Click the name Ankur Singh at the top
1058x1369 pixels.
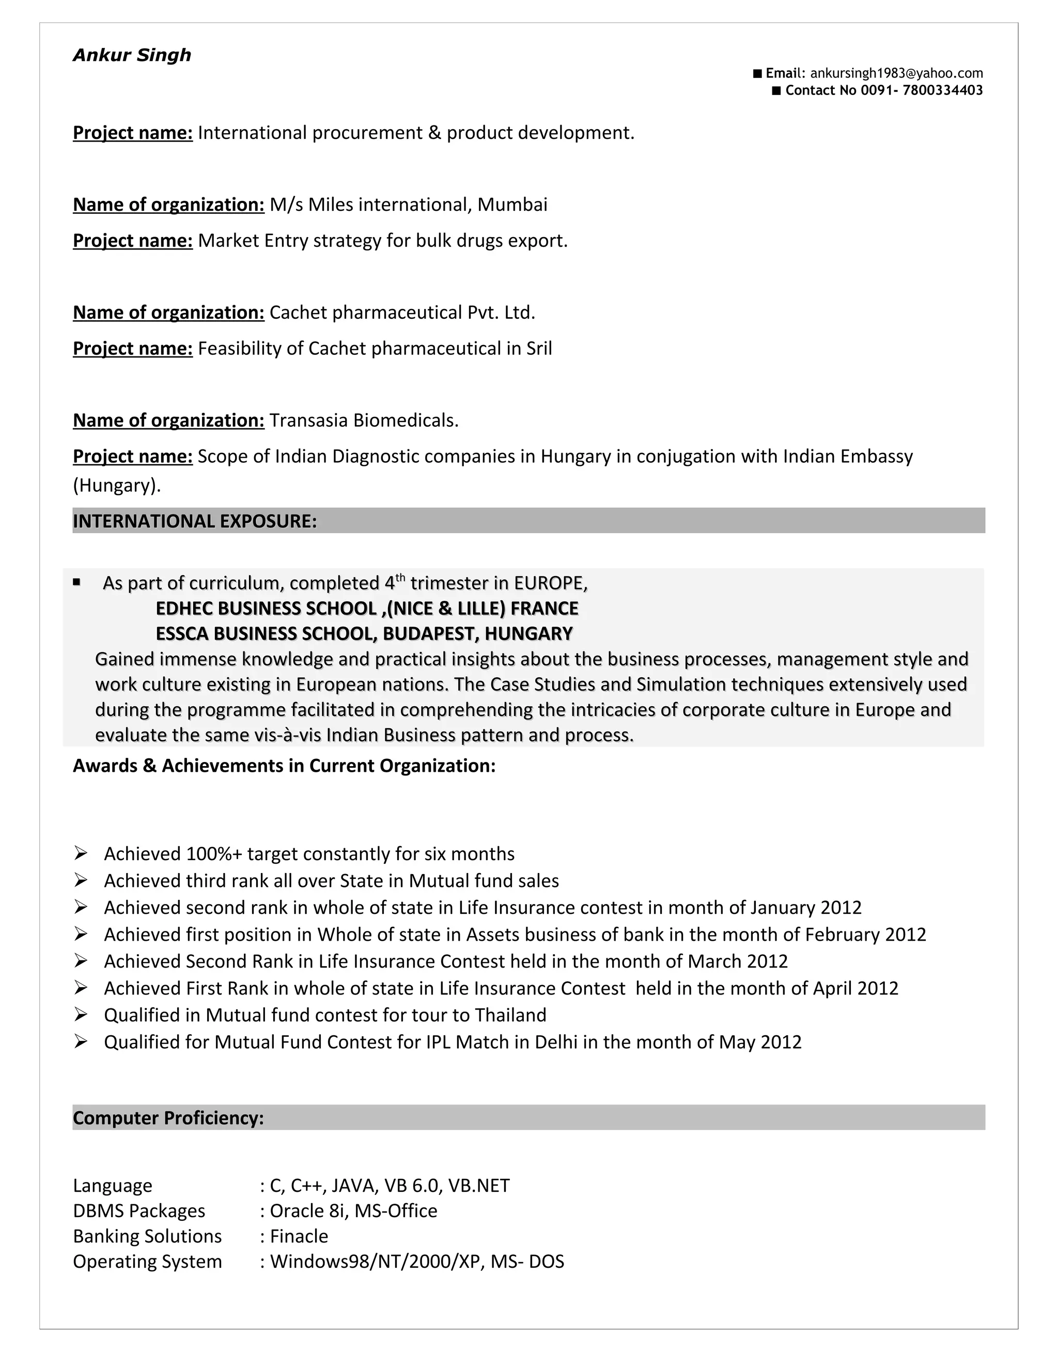pos(132,55)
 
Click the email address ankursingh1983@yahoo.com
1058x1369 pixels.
pos(896,73)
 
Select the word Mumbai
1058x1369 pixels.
pos(512,205)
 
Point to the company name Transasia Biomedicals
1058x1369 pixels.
pos(364,421)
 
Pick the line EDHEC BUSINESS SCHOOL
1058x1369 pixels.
pos(367,609)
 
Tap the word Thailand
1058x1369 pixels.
pos(510,1015)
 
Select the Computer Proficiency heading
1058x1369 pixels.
pos(168,1118)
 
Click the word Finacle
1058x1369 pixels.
pos(299,1236)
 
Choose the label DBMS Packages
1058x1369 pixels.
pos(139,1211)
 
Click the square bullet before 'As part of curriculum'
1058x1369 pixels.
pos(76,582)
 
